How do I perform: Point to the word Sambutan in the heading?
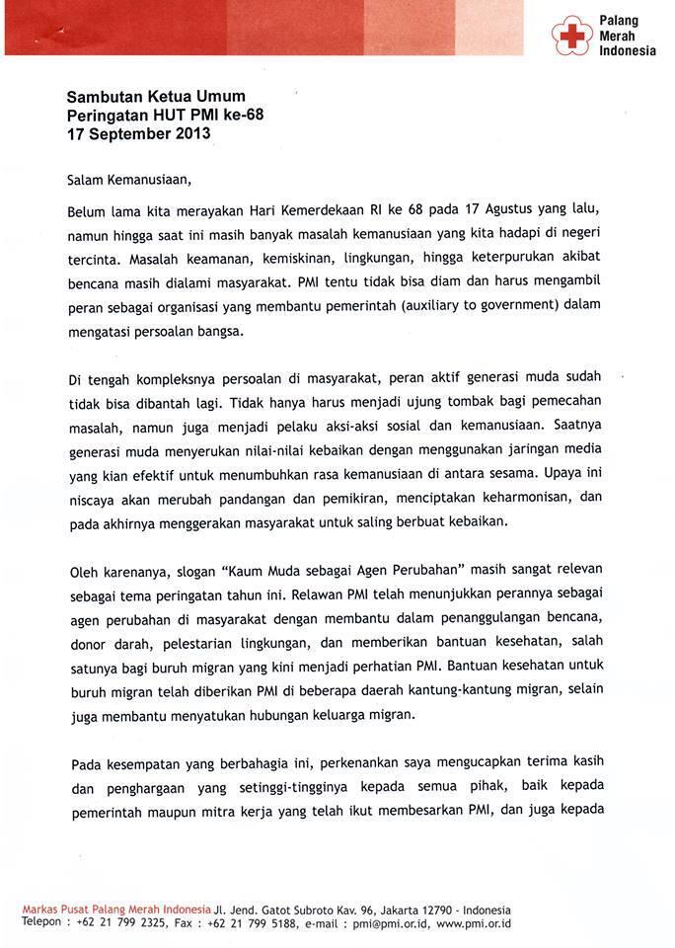pyautogui.click(x=103, y=97)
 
